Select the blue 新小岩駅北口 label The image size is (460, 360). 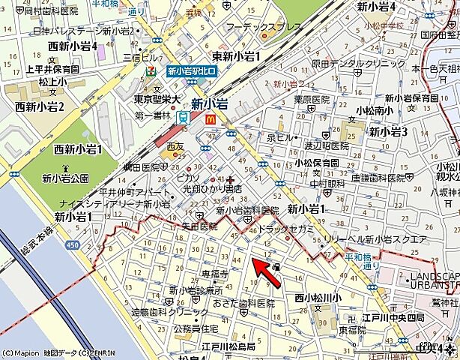[x=191, y=71]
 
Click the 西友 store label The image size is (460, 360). [x=175, y=146]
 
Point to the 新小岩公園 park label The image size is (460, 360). [x=65, y=178]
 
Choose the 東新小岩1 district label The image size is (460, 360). [x=236, y=56]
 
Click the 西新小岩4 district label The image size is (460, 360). [x=73, y=46]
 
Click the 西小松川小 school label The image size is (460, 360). [x=318, y=298]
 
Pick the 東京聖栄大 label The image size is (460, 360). [x=157, y=99]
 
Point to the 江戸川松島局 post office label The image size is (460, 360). [x=229, y=346]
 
